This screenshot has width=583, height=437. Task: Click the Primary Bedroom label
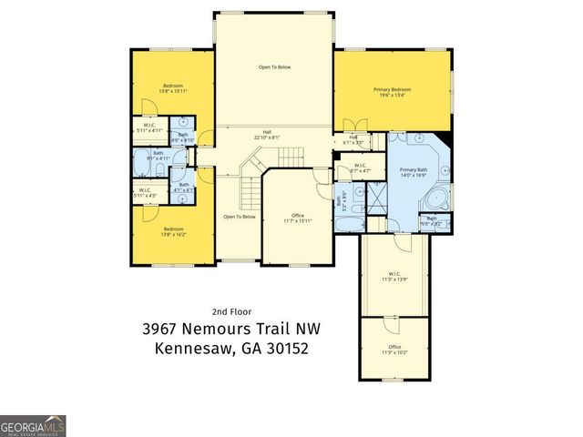[x=393, y=92]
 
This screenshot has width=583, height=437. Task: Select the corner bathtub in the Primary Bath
[x=438, y=198]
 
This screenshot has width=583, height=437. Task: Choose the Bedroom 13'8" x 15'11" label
[x=172, y=88]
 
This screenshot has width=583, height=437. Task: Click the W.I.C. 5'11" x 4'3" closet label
[x=145, y=192]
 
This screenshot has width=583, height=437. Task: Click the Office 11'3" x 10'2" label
[x=394, y=350]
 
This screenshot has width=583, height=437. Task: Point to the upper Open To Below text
[x=273, y=67]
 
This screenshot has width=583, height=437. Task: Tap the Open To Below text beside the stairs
[x=239, y=217]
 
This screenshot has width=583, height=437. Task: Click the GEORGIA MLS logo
[x=33, y=426]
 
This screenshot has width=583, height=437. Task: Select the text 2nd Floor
[x=231, y=310]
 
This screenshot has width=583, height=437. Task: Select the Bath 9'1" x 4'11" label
[x=159, y=156]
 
